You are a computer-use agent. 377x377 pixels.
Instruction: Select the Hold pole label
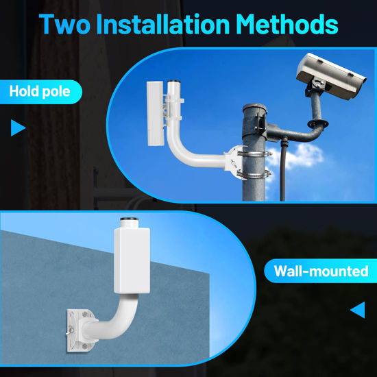(x=40, y=91)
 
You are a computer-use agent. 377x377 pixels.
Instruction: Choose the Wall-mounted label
(x=321, y=271)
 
